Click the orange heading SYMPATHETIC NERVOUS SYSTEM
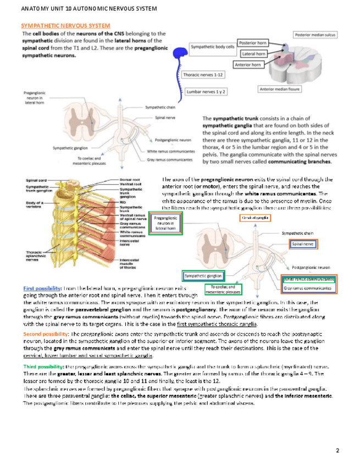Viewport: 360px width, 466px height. click(x=65, y=26)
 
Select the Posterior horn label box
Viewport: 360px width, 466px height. click(x=252, y=42)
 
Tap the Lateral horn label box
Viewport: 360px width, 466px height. click(x=253, y=54)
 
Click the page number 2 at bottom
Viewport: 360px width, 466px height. click(x=337, y=451)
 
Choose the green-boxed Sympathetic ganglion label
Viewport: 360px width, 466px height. click(x=203, y=275)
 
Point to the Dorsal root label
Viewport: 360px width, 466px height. click(x=130, y=179)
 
